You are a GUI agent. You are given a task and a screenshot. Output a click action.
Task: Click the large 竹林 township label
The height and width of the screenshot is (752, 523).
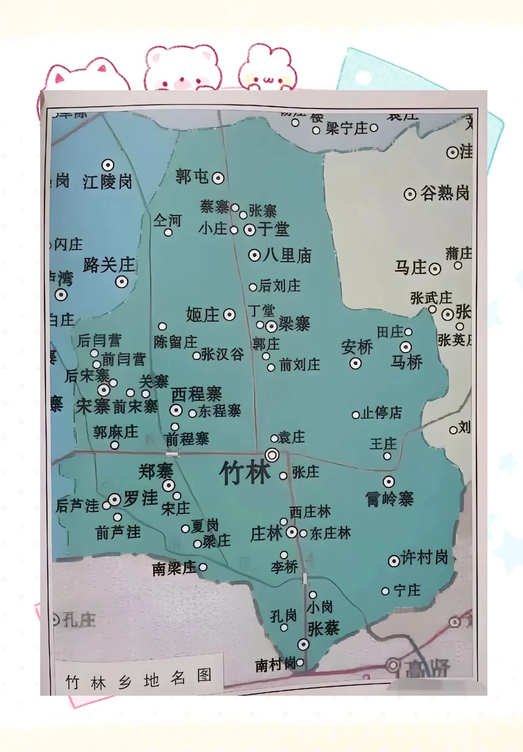tap(245, 473)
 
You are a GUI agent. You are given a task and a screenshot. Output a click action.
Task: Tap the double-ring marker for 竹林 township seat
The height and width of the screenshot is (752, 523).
tap(272, 455)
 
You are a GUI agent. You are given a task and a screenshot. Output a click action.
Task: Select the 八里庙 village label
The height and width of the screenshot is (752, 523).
tap(287, 255)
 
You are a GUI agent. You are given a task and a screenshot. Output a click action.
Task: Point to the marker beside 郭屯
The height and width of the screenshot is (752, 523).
tap(218, 178)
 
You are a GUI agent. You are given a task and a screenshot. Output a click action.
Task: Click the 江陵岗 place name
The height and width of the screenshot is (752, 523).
tap(108, 182)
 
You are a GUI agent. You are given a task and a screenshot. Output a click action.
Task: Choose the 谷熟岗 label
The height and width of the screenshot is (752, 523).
tap(445, 193)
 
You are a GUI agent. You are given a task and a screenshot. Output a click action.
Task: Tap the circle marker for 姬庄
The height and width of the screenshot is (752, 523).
tap(229, 315)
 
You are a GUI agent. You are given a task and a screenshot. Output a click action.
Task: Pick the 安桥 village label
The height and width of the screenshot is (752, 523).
tap(357, 347)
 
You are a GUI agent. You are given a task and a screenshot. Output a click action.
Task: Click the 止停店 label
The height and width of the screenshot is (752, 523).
tap(381, 413)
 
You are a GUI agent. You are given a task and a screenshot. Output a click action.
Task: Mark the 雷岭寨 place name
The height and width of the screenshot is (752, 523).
tap(390, 499)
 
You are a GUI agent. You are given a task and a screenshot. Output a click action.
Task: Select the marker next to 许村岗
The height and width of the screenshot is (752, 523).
tap(393, 561)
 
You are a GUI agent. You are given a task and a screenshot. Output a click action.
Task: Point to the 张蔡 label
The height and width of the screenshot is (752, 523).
tap(323, 628)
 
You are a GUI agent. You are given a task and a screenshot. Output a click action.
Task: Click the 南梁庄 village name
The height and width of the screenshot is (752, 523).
tap(174, 569)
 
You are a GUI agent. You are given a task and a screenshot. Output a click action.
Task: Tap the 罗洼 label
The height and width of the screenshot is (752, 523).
tap(141, 498)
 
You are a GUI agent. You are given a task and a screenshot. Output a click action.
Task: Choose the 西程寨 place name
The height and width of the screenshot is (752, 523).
tap(197, 394)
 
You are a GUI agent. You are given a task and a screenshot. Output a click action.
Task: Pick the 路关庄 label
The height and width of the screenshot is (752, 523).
tap(109, 265)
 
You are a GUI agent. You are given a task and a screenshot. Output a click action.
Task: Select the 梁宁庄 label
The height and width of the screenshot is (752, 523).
tap(347, 129)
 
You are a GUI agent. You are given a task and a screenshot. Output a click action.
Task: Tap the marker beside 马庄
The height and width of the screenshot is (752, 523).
tap(435, 269)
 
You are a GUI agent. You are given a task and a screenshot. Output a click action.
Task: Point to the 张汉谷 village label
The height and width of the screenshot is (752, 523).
tap(223, 354)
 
